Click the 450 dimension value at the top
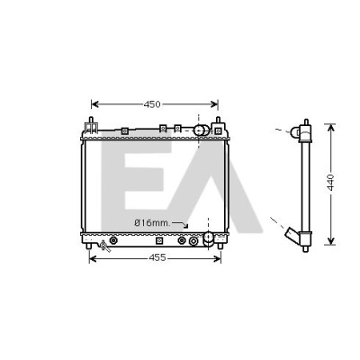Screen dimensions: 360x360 point(152,104)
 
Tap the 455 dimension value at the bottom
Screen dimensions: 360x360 point(157,257)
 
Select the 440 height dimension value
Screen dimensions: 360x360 point(330,182)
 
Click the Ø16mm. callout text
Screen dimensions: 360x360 point(152,223)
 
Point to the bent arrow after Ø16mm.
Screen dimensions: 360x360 point(181,224)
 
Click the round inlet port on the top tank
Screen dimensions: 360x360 point(201,130)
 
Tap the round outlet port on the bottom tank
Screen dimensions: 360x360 point(208,238)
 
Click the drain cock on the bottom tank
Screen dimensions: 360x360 point(104,246)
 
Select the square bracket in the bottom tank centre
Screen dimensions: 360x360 point(159,240)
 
